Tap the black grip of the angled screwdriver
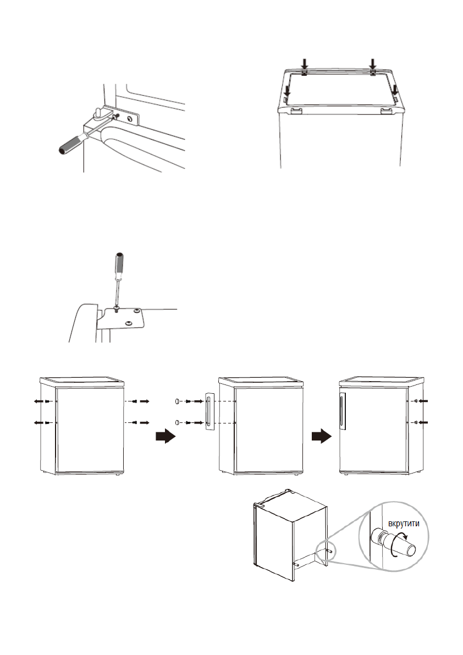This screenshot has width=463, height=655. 72,144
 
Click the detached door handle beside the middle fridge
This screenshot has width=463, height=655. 209,412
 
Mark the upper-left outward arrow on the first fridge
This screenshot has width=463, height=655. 38,402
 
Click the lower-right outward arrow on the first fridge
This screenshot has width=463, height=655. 145,422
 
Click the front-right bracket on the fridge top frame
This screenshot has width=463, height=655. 387,111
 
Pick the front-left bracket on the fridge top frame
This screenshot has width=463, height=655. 295,111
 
